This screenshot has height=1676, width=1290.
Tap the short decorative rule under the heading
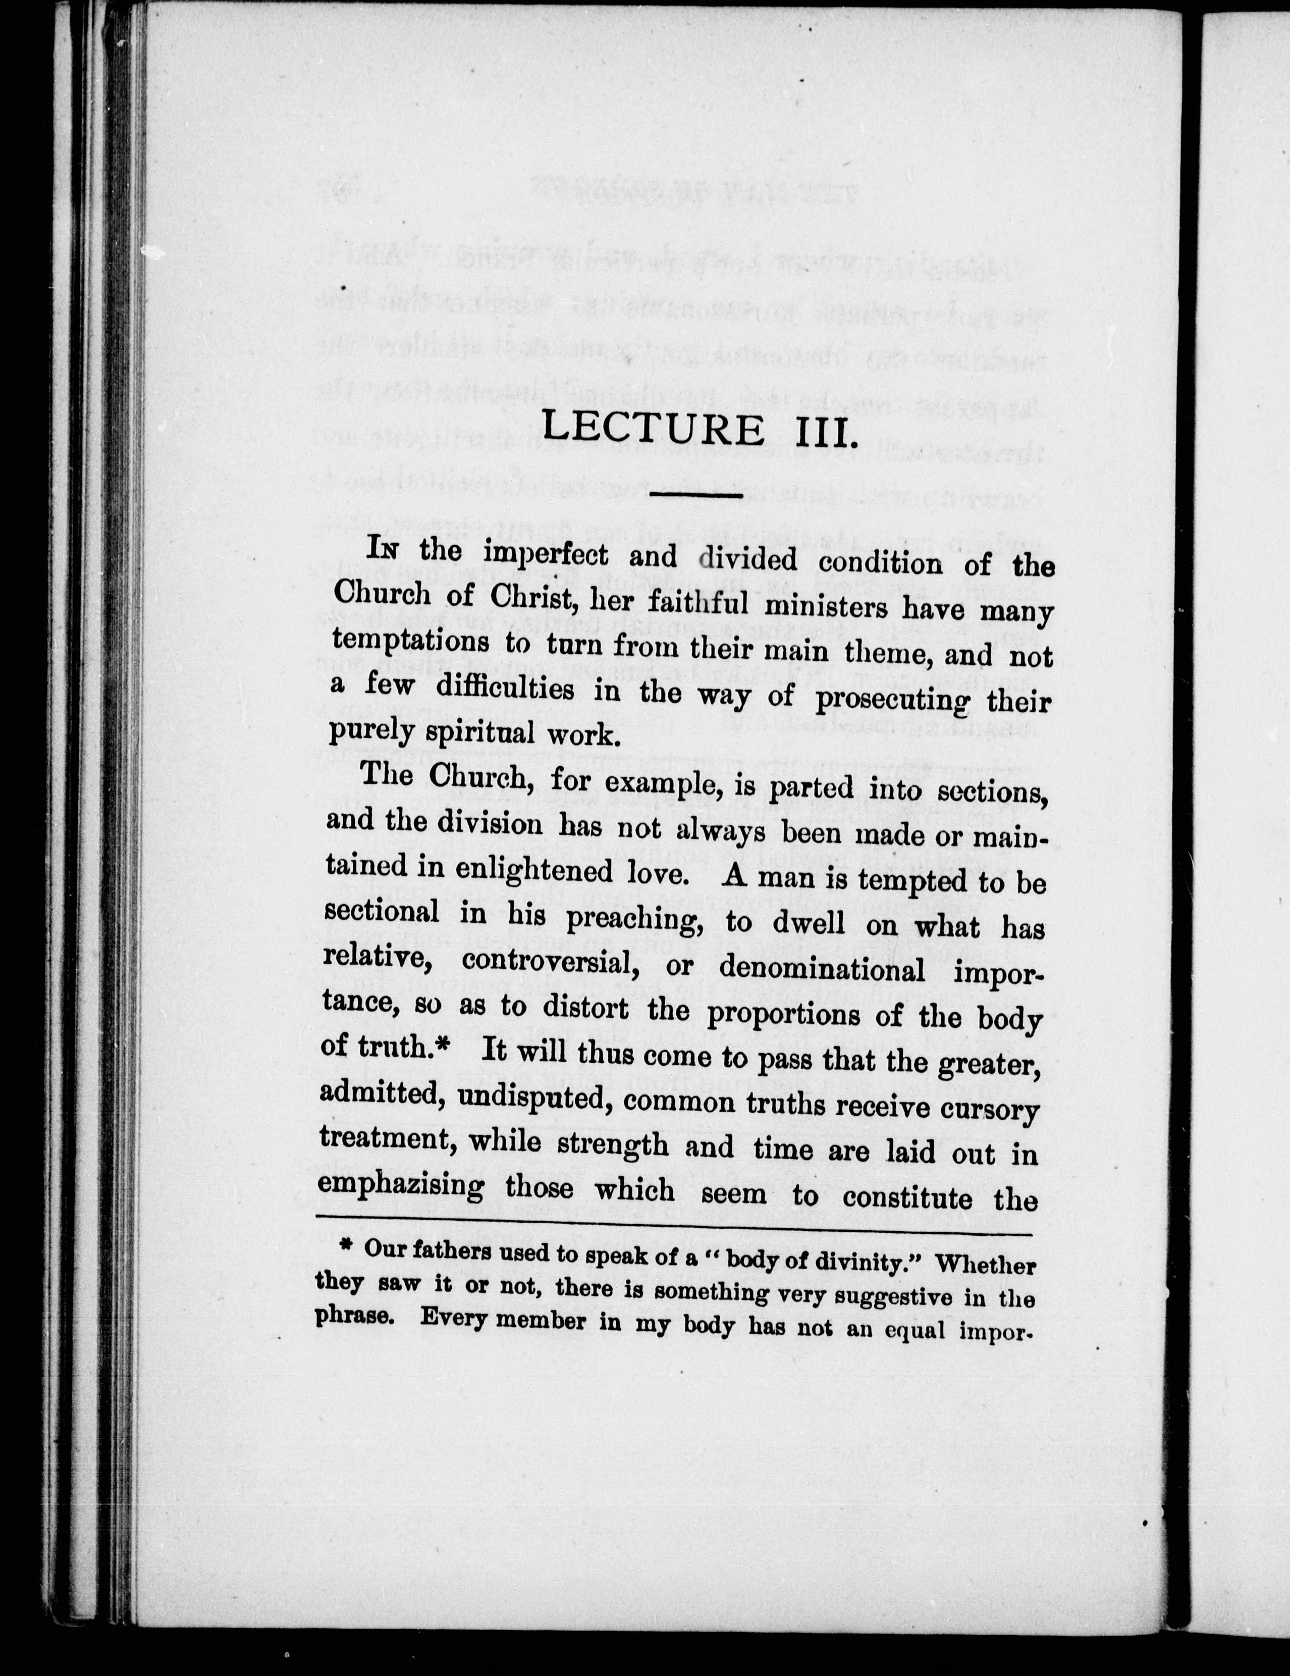pos(695,495)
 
